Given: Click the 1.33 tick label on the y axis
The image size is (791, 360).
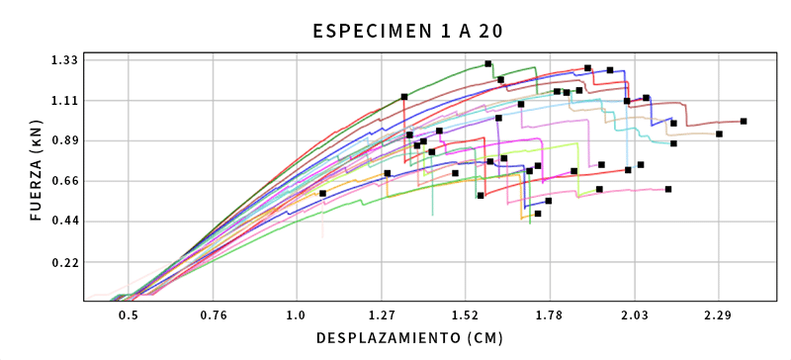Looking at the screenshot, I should coord(64,60).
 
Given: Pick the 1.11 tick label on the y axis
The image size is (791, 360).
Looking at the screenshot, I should coord(64,101).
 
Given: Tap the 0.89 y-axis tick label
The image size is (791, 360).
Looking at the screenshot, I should coord(64,141).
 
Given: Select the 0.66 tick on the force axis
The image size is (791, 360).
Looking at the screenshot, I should coord(64,182).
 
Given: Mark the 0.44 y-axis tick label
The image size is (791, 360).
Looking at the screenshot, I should coord(64,222).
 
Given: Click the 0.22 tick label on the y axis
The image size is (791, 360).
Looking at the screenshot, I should coord(64,263).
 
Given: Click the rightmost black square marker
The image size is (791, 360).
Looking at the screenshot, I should coord(744,122).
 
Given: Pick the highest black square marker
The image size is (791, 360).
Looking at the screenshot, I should coord(488,64).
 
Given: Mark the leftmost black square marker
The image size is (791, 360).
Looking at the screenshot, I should coord(323,194).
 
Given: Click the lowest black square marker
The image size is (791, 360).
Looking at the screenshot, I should coord(538,214).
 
